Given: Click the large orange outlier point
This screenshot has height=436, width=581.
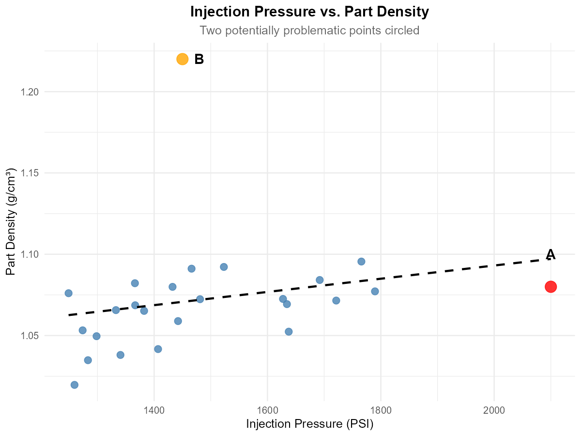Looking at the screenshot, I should (x=182, y=59).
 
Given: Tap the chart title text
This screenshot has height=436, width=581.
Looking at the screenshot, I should (x=309, y=31).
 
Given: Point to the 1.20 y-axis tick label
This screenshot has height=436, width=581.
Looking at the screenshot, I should (x=30, y=92).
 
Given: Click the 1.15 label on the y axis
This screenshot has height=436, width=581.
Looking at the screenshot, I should (x=30, y=173).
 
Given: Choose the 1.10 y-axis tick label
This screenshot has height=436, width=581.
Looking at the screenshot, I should (x=30, y=254).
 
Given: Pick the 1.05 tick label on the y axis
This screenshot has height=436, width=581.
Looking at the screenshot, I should (x=30, y=335).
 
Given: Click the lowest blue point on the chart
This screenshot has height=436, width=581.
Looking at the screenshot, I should (x=74, y=385).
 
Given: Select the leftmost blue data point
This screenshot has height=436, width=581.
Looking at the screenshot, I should (x=68, y=293).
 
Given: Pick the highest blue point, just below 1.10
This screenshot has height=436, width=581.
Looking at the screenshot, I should (x=361, y=262).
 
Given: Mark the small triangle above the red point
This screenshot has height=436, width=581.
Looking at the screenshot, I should (x=550, y=254).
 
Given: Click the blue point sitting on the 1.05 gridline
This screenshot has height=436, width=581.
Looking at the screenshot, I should (x=96, y=336).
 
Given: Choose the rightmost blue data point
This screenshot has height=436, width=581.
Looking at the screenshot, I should (x=375, y=291).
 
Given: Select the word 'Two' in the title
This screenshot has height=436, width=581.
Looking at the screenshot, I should (x=209, y=31).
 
